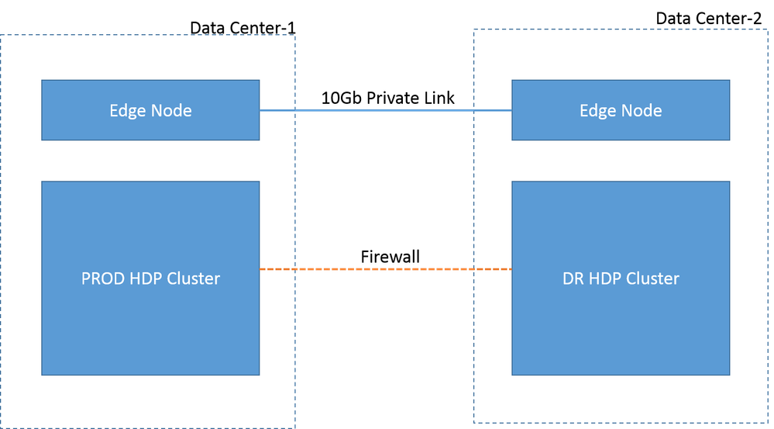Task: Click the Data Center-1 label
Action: point(243,28)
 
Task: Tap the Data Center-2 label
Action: point(708,19)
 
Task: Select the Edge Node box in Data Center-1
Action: point(150,110)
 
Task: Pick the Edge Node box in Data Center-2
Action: point(621,110)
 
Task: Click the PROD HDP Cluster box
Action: point(150,279)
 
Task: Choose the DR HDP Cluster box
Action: point(621,279)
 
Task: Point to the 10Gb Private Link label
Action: point(387,98)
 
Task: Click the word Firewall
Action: point(390,257)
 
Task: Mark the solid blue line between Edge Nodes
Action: point(386,110)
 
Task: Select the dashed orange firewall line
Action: point(386,269)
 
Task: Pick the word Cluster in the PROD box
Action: point(194,279)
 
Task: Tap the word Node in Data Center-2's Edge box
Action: point(642,110)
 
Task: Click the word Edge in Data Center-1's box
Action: point(127,111)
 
